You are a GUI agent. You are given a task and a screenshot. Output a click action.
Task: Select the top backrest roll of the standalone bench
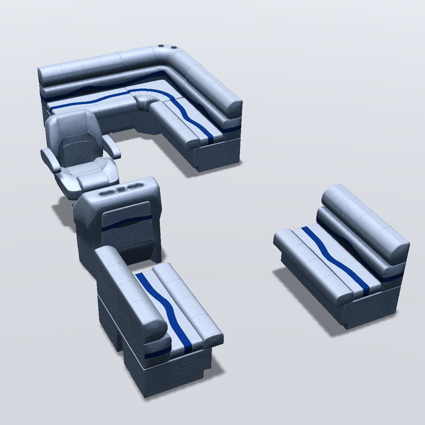coord(365,221)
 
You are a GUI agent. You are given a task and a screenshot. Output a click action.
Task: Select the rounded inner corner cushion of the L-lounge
coord(147,102)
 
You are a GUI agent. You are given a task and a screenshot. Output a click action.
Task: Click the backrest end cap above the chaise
coord(232,106)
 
